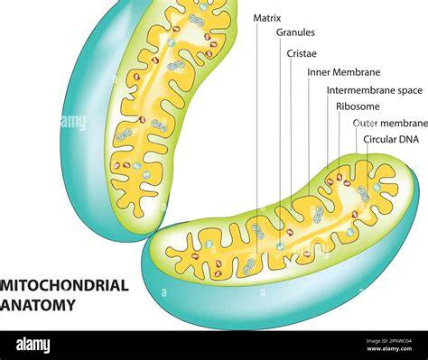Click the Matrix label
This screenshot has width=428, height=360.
click(267, 18)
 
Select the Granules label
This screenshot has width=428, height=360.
click(295, 32)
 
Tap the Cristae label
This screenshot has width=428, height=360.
click(302, 53)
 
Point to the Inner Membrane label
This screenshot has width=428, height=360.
click(344, 72)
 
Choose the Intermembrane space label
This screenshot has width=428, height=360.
click(375, 90)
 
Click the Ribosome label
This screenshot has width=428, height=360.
click(358, 106)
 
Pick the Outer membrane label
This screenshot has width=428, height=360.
click(390, 124)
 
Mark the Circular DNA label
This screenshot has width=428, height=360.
click(391, 140)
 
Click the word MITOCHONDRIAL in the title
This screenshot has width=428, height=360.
click(64, 285)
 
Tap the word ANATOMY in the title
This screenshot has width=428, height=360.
click(38, 305)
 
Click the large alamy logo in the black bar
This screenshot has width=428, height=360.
click(33, 345)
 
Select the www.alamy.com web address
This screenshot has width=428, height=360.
click(389, 349)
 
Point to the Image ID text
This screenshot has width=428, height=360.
click(389, 341)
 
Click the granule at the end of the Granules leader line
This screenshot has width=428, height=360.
click(281, 246)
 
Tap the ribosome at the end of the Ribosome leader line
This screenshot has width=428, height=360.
click(340, 177)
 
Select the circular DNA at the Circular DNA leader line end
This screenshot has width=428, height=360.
click(363, 194)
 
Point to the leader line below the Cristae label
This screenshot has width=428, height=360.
click(291, 127)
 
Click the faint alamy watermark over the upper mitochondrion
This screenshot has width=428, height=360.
click(73, 122)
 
